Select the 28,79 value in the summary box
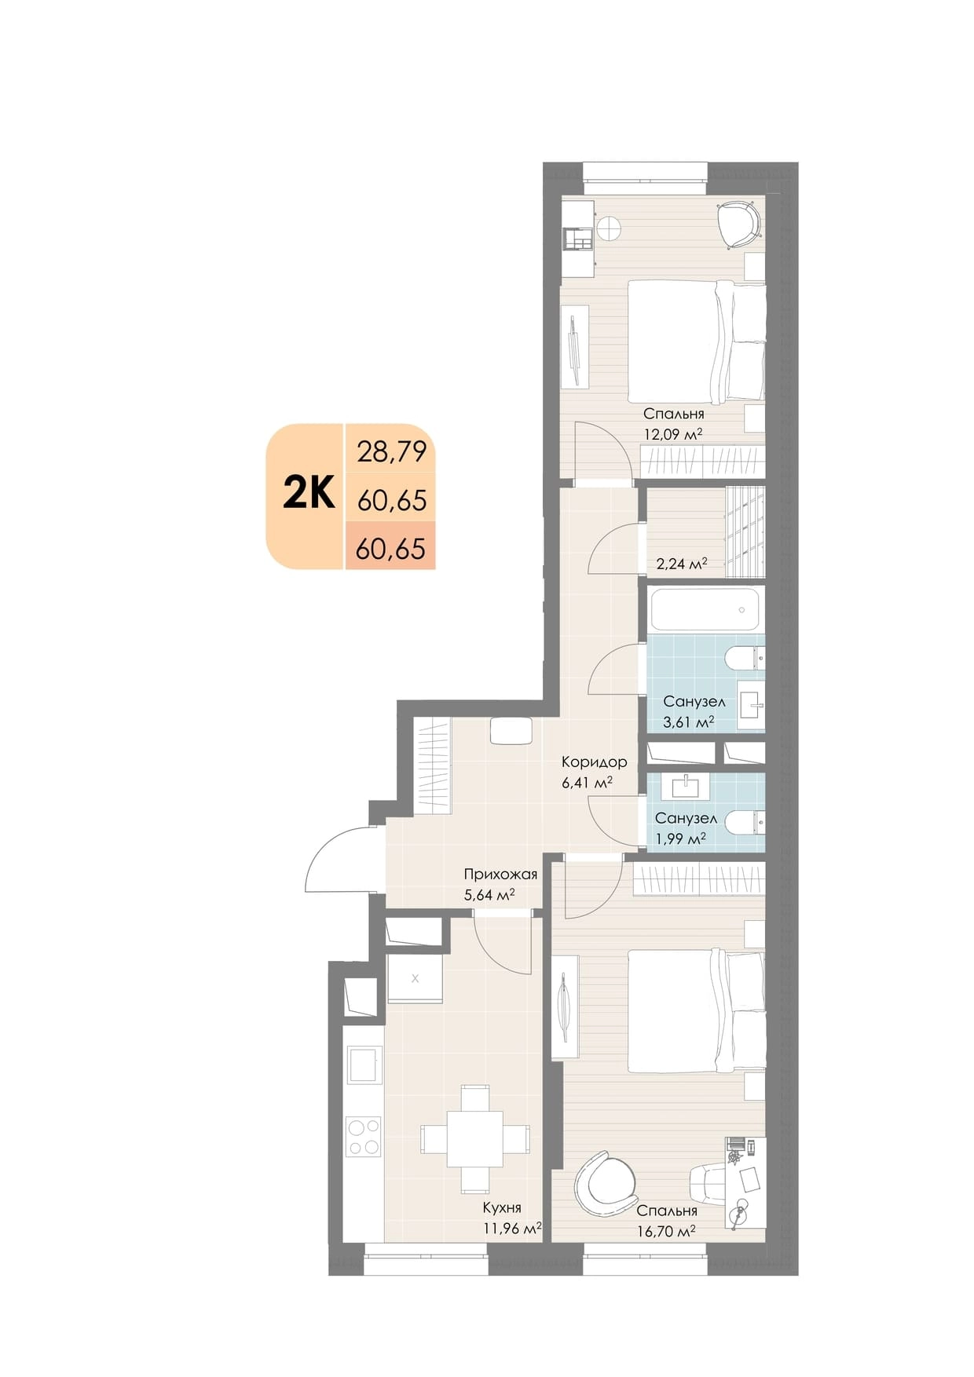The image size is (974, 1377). click(391, 451)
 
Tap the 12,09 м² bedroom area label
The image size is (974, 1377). click(672, 433)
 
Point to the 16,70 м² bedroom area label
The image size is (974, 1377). click(666, 1232)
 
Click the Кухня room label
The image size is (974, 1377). click(502, 1208)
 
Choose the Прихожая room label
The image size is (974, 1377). click(500, 874)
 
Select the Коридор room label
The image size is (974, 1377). click(594, 762)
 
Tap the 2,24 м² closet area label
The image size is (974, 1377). click(682, 564)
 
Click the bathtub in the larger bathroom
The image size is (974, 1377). click(705, 611)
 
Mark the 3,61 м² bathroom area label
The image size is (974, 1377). click(688, 721)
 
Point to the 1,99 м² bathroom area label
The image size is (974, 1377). click(680, 838)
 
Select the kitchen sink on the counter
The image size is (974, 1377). click(364, 1065)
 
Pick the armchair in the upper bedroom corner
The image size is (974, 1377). click(740, 225)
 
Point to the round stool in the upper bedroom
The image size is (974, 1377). click(609, 228)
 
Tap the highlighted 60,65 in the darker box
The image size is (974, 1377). click(390, 548)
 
